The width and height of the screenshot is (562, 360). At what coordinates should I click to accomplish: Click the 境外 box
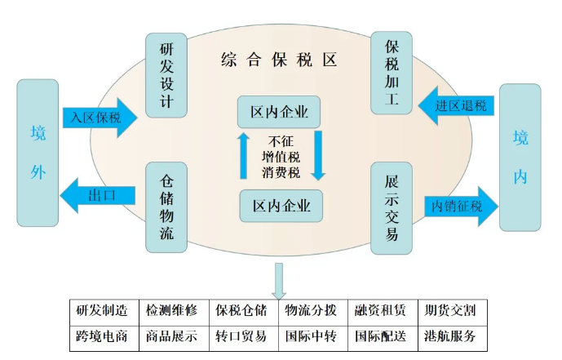pyautogui.click(x=38, y=153)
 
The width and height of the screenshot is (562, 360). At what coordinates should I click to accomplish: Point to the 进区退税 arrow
pyautogui.click(x=457, y=107)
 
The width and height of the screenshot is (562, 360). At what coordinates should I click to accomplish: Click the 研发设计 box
pyautogui.click(x=166, y=75)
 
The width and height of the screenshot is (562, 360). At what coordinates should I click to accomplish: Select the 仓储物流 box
pyautogui.click(x=166, y=207)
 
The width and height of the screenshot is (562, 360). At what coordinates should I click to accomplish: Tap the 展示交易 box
pyautogui.click(x=392, y=207)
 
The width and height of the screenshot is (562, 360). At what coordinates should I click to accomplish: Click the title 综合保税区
pyautogui.click(x=279, y=60)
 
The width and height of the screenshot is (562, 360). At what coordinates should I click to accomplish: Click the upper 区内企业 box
pyautogui.click(x=280, y=111)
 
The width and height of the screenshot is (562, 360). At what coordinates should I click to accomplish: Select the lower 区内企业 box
pyautogui.click(x=281, y=206)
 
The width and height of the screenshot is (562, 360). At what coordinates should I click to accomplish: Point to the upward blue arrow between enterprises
pyautogui.click(x=243, y=156)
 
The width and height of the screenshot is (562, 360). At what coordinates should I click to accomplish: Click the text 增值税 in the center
pyautogui.click(x=281, y=156)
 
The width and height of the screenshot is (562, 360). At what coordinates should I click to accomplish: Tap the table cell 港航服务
pyautogui.click(x=450, y=336)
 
